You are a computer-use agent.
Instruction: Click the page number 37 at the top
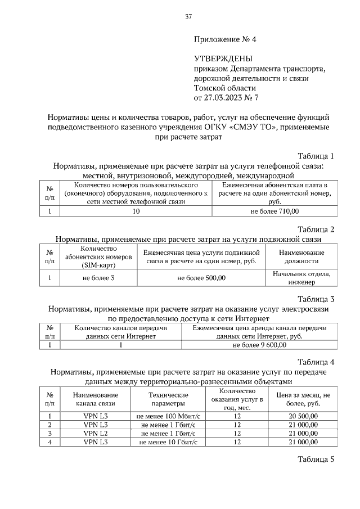point(189,17)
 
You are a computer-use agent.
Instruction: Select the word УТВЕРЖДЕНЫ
point(223,58)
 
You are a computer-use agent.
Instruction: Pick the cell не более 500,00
point(201,278)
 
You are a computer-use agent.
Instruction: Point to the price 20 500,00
point(302,416)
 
